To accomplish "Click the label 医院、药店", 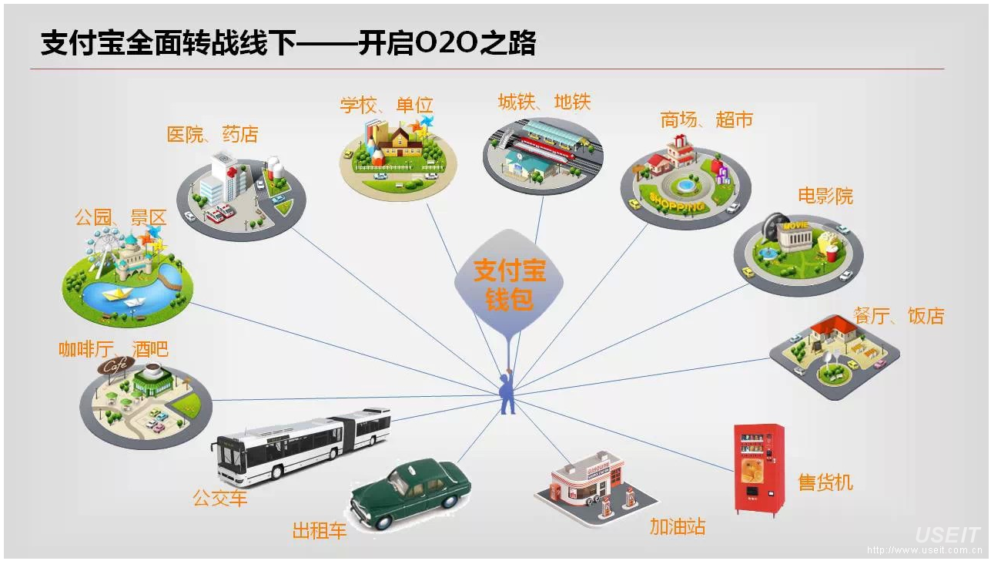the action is pyautogui.click(x=213, y=134).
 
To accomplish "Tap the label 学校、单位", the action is pyautogui.click(x=387, y=106).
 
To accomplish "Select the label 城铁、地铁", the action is pyautogui.click(x=544, y=102).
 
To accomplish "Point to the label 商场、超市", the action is pyautogui.click(x=706, y=119).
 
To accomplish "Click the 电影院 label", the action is pyautogui.click(x=825, y=196).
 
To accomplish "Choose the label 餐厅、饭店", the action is pyautogui.click(x=899, y=315).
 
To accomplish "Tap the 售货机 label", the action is pyautogui.click(x=825, y=482).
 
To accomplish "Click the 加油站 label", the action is pyautogui.click(x=678, y=527).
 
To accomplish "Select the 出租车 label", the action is pyautogui.click(x=320, y=531).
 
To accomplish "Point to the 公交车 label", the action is pyautogui.click(x=220, y=499).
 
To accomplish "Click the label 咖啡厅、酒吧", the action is pyautogui.click(x=113, y=349).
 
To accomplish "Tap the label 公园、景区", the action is pyautogui.click(x=120, y=217).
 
